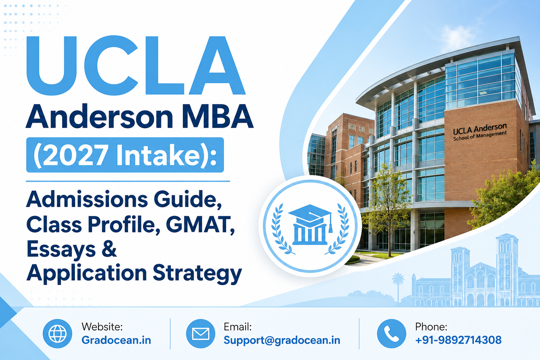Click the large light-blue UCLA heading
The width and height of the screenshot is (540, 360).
[x=136, y=65]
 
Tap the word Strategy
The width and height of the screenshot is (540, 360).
[x=197, y=274]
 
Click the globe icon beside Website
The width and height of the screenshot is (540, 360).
[x=57, y=334]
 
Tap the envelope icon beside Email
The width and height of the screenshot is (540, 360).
[x=201, y=334]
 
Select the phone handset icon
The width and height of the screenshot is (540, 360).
[x=392, y=334]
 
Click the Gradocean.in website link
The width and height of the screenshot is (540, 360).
[x=116, y=340]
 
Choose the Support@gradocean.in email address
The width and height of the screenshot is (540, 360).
[x=282, y=340]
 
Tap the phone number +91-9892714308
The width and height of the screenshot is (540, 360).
[x=458, y=340]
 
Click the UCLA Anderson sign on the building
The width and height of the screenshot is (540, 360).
[x=480, y=132]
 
